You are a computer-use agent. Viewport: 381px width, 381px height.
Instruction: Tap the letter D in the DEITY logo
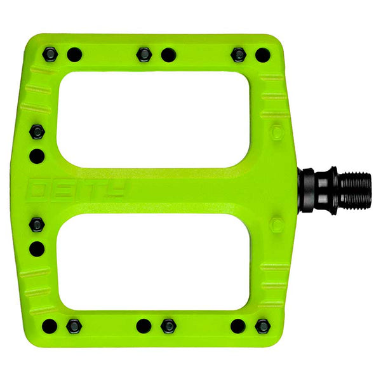pyautogui.click(x=42, y=189)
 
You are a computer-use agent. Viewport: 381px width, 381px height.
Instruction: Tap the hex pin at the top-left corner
pyautogui.click(x=50, y=55)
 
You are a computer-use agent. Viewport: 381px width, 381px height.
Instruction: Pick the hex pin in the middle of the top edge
pyautogui.click(x=144, y=55)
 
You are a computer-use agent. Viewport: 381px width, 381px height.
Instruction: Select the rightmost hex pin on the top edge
pyautogui.click(x=238, y=55)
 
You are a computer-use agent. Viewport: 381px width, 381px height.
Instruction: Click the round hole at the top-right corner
pyautogui.click(x=262, y=55)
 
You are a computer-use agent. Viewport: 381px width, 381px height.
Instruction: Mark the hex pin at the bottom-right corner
pyautogui.click(x=262, y=326)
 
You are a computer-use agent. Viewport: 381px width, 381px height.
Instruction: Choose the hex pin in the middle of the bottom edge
pyautogui.click(x=168, y=326)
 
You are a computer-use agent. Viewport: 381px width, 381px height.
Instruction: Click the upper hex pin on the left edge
pyautogui.click(x=37, y=131)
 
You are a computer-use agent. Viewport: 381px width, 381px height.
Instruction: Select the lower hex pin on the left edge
pyautogui.click(x=37, y=225)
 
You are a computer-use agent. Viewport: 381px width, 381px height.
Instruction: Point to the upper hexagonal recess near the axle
pyautogui.click(x=276, y=133)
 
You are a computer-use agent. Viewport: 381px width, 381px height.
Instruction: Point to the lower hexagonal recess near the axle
pyautogui.click(x=276, y=224)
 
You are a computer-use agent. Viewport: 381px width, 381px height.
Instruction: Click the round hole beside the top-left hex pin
pyautogui.click(x=74, y=55)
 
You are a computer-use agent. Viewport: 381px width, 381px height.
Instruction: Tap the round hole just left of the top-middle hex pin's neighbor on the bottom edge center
pyautogui.click(x=144, y=326)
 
